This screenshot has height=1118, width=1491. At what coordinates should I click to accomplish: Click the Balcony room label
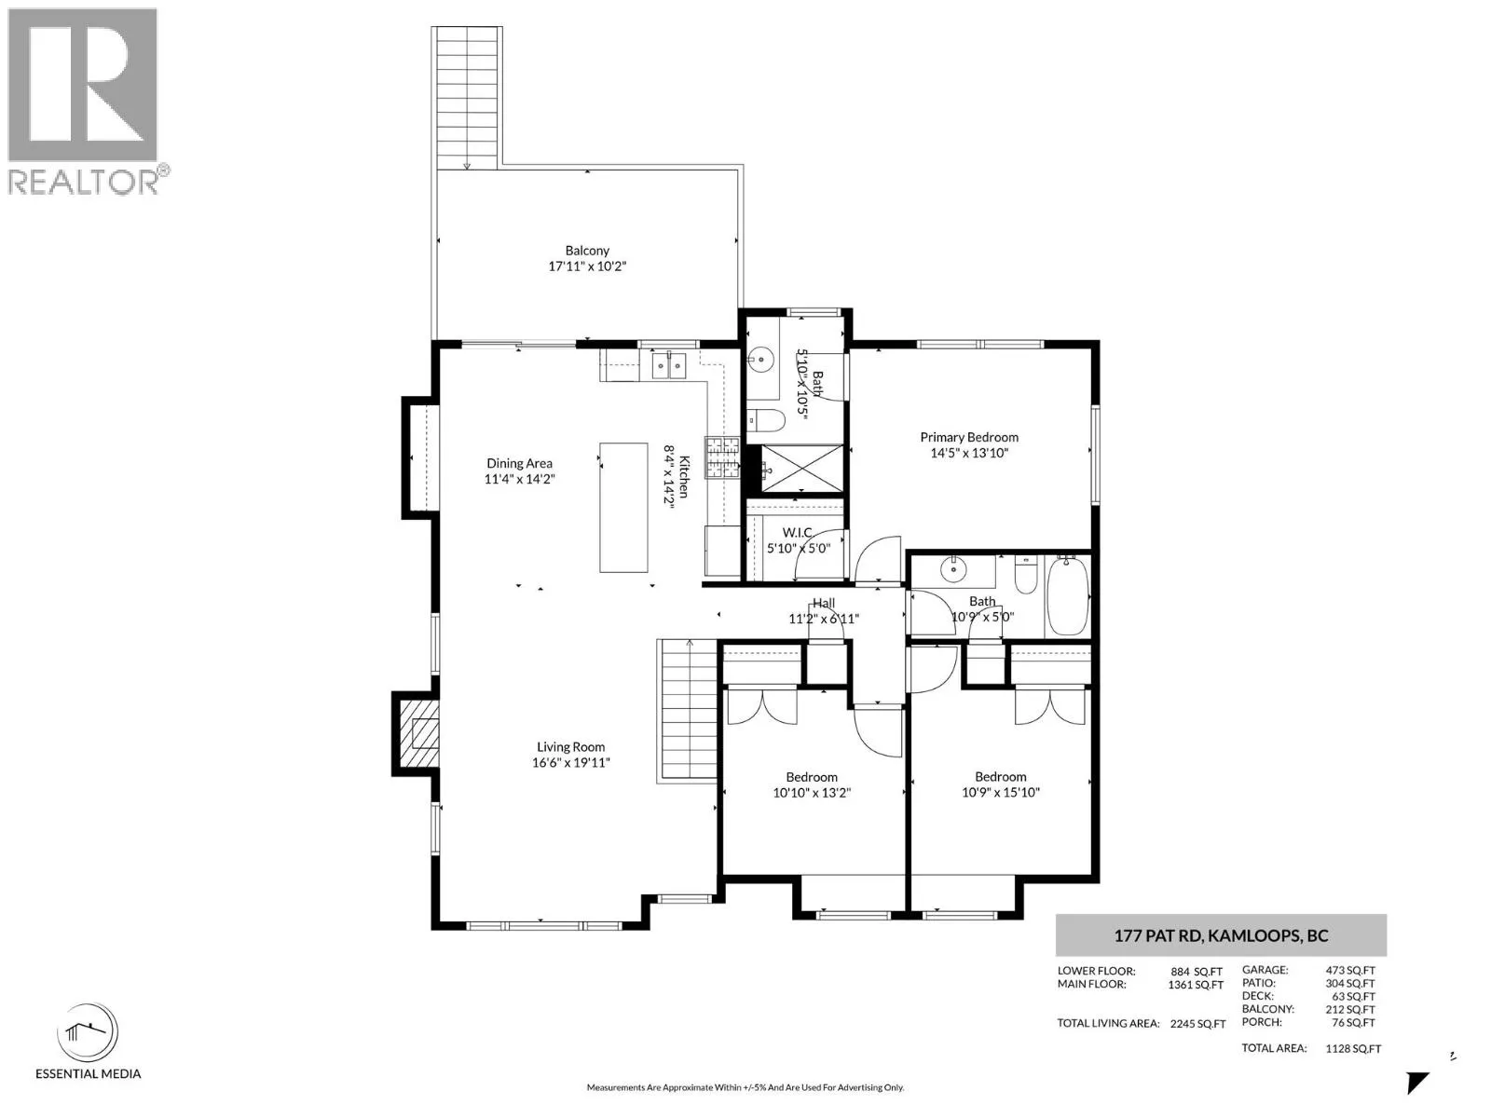point(587,251)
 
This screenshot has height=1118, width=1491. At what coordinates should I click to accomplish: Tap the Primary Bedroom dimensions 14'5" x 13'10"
point(968,453)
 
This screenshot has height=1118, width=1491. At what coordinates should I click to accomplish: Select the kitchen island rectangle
point(622,508)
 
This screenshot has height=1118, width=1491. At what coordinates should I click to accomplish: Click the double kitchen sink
point(670,366)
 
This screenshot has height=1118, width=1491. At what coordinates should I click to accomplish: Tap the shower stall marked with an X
point(802,468)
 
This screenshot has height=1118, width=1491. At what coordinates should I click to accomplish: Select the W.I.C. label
point(798,533)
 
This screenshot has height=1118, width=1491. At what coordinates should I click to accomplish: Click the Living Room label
point(570,746)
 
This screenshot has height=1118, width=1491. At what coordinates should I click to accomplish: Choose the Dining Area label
point(519,463)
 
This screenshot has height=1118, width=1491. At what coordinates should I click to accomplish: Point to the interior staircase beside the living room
point(688,712)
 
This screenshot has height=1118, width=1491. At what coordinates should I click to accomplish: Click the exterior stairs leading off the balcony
point(468,98)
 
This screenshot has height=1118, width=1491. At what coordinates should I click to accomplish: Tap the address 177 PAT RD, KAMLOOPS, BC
point(1221,935)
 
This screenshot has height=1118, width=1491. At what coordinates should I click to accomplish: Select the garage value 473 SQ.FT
point(1349,970)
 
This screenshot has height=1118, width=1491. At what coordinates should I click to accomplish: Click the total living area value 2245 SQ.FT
point(1197,1024)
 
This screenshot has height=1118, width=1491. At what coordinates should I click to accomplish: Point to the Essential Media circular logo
point(88,1032)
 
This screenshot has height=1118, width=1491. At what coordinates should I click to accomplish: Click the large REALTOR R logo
point(83,85)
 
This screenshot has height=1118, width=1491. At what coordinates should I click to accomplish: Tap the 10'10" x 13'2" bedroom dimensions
point(812,792)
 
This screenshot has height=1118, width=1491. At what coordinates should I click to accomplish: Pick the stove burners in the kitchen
point(721,457)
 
